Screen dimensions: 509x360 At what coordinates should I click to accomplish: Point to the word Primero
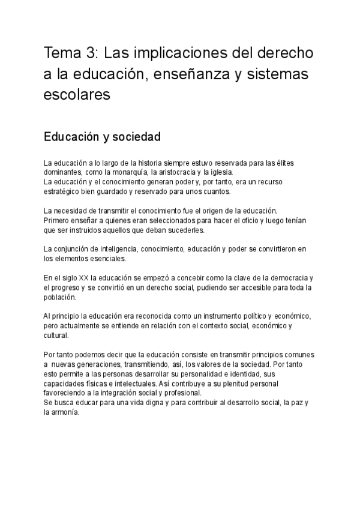pos(56,220)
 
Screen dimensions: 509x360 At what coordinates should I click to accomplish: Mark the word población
pos(59,297)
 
